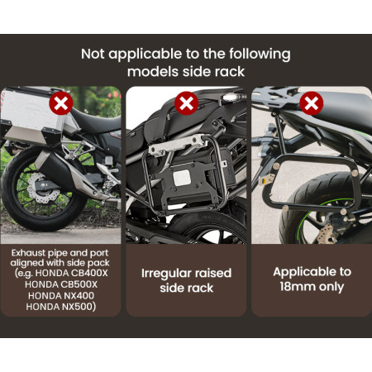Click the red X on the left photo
point(61,103)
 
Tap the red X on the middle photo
point(187,103)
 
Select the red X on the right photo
point(312,103)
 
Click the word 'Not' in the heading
point(93,54)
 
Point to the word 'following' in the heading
point(260,55)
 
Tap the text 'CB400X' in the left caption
point(89,273)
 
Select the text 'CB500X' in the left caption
point(79,284)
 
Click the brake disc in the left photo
point(43,188)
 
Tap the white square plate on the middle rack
point(182,178)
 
